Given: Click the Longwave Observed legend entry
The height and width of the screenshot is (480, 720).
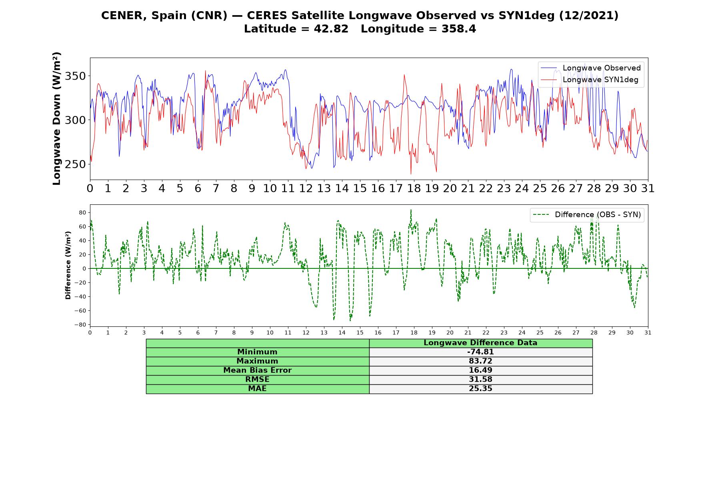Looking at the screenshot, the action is coord(590,68).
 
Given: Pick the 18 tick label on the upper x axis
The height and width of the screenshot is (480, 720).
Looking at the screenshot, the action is coord(414,188).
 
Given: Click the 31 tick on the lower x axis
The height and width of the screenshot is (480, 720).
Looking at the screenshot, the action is coord(648,332).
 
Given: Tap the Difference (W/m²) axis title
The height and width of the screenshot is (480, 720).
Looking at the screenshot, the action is coord(68,265).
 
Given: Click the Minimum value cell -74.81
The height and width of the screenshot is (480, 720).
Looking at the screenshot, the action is coord(480,352).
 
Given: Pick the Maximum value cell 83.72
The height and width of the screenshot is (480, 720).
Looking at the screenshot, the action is coord(480,361).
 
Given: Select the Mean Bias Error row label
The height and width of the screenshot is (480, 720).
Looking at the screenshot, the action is coord(257,370).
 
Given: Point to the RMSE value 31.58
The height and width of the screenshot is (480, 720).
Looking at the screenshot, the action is coord(480,380).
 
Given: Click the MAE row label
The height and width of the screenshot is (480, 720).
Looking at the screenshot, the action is coord(257,389).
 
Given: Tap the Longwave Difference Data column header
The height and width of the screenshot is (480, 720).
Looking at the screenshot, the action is coord(480,343).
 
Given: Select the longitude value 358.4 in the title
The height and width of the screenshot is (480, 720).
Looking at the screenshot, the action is coord(459,29).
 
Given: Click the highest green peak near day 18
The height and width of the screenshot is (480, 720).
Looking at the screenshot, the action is coord(411,210).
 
